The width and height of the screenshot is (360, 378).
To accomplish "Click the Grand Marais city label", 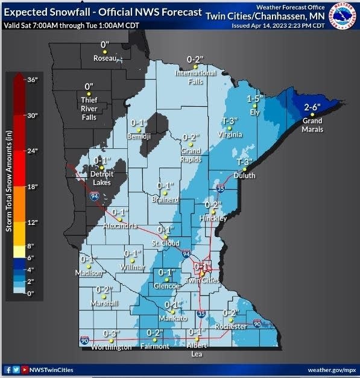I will [312, 125].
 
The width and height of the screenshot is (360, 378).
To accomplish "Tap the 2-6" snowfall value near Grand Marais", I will [312, 107].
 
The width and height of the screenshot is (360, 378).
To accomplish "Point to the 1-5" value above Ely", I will [256, 98].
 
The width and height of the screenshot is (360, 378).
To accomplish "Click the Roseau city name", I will [106, 58].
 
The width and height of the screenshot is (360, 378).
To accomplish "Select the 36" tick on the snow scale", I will [32, 79].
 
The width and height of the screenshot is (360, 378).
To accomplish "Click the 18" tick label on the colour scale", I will [32, 187].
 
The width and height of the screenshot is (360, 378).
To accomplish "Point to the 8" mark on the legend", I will [31, 246].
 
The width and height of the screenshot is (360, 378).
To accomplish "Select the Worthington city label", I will [111, 347].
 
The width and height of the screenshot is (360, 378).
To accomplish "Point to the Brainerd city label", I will [165, 199].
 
